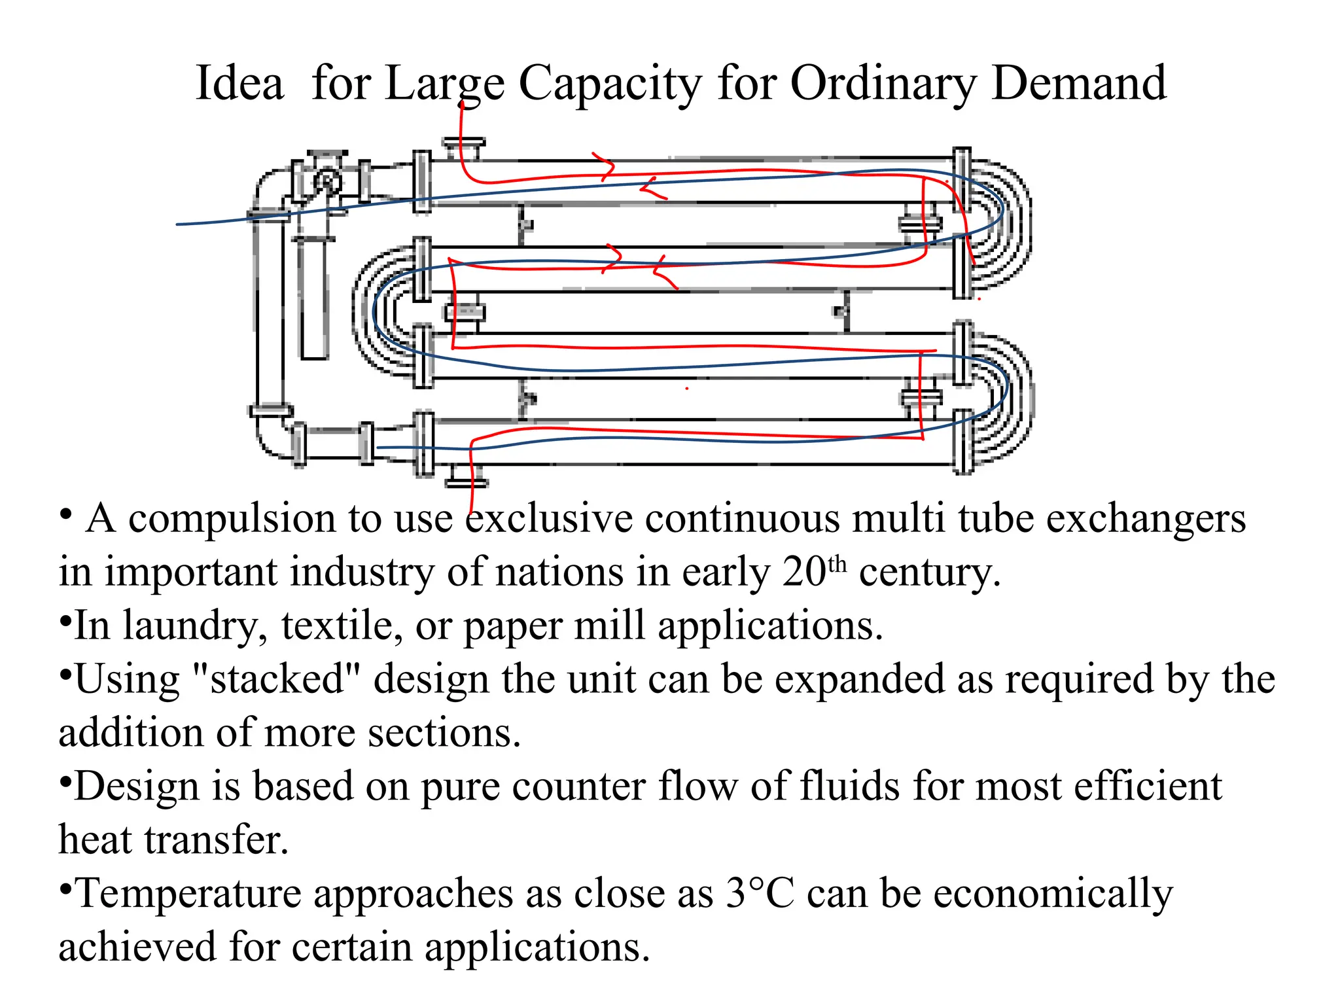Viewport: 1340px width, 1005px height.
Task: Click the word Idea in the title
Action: (239, 83)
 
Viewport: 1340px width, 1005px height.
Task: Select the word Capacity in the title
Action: (610, 84)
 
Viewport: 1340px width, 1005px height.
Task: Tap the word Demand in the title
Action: (1079, 83)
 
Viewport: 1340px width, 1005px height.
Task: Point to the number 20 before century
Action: (804, 572)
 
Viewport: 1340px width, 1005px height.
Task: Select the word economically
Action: (1053, 894)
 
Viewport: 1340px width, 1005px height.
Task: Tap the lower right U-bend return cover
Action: (1001, 398)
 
